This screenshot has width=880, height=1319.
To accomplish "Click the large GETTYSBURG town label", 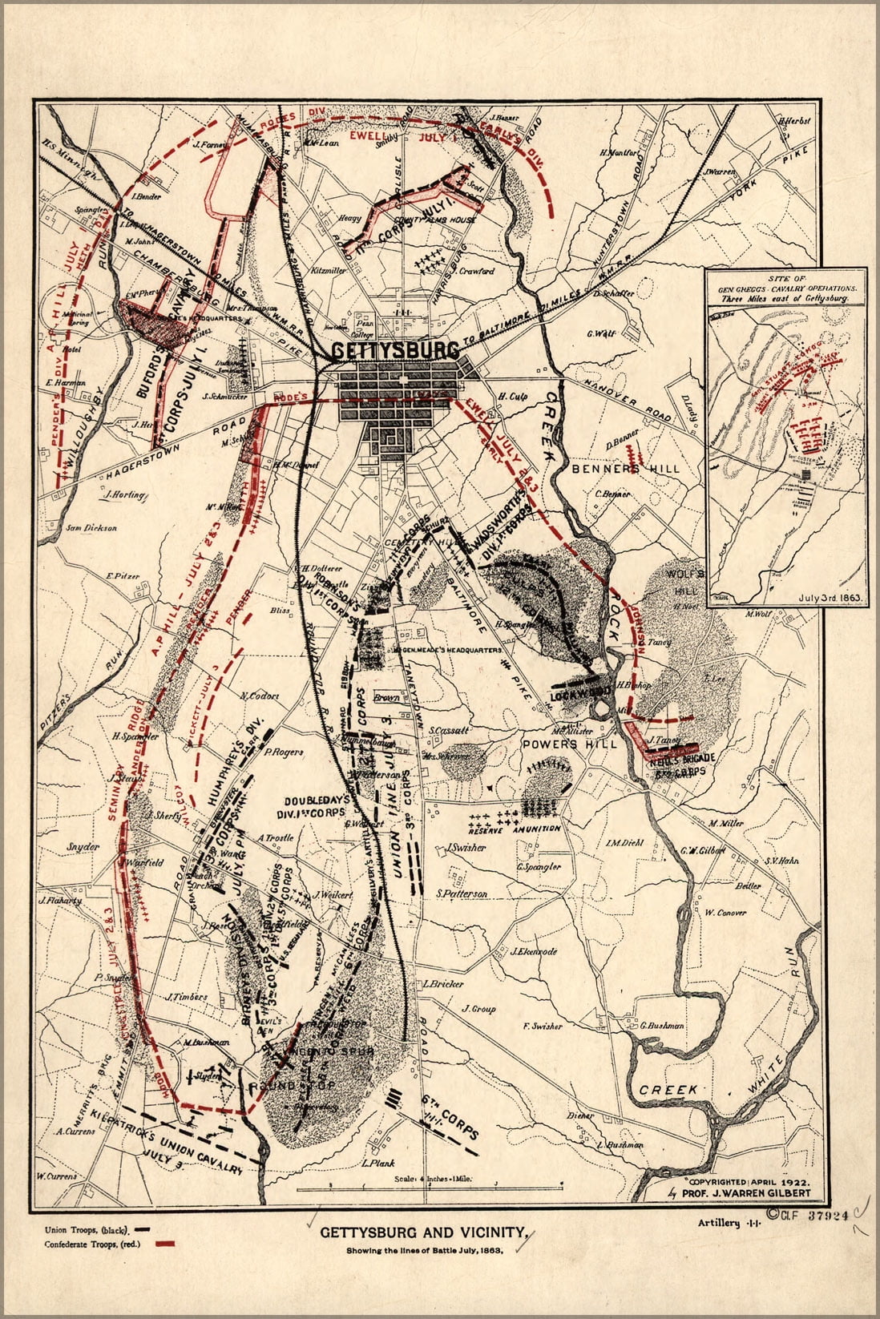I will [395, 351].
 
